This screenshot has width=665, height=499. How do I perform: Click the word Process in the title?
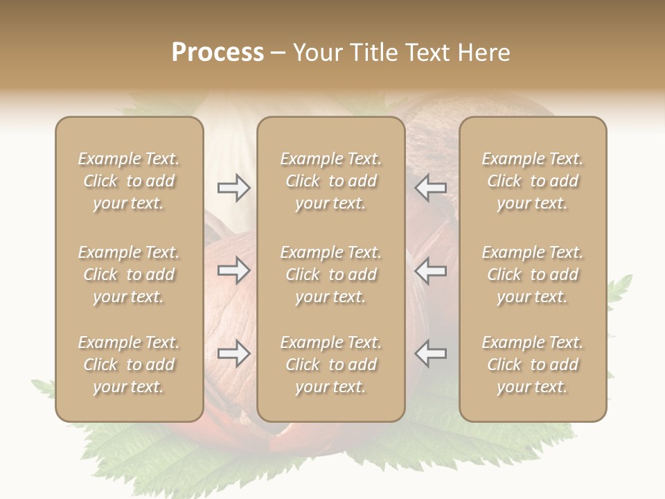click(x=218, y=53)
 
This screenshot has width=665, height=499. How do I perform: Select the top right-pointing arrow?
click(x=233, y=188)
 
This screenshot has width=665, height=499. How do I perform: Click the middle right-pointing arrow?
click(x=233, y=270)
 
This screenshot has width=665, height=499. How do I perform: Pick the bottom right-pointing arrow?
click(x=233, y=353)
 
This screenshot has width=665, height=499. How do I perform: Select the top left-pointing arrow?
click(x=431, y=188)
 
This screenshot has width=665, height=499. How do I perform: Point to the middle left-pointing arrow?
click(x=431, y=270)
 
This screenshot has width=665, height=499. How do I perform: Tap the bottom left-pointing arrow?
click(x=431, y=353)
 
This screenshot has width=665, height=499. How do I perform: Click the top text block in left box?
click(x=129, y=181)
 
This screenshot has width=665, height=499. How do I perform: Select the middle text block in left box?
click(x=129, y=274)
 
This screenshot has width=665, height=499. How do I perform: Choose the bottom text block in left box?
click(x=129, y=365)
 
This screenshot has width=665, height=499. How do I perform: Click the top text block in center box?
click(x=330, y=181)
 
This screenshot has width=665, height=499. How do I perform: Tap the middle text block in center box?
click(x=330, y=274)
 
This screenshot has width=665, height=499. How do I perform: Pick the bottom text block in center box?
click(x=330, y=365)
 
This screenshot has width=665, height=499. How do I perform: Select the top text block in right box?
click(x=532, y=181)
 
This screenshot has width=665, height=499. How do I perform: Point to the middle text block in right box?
click(x=532, y=274)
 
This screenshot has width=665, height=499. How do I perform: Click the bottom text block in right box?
click(x=532, y=365)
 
